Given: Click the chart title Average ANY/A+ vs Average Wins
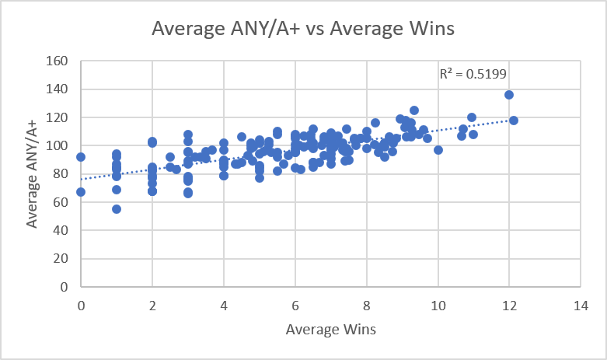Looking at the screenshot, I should tap(303, 29).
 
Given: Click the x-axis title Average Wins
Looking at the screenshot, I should tap(331, 329).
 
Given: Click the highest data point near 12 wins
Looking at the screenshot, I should tap(509, 95).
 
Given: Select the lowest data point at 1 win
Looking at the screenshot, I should tap(117, 209).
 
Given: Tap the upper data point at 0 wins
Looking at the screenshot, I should tap(81, 157).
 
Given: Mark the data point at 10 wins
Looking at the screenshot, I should tap(438, 149).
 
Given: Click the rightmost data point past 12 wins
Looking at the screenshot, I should tap(514, 121).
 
